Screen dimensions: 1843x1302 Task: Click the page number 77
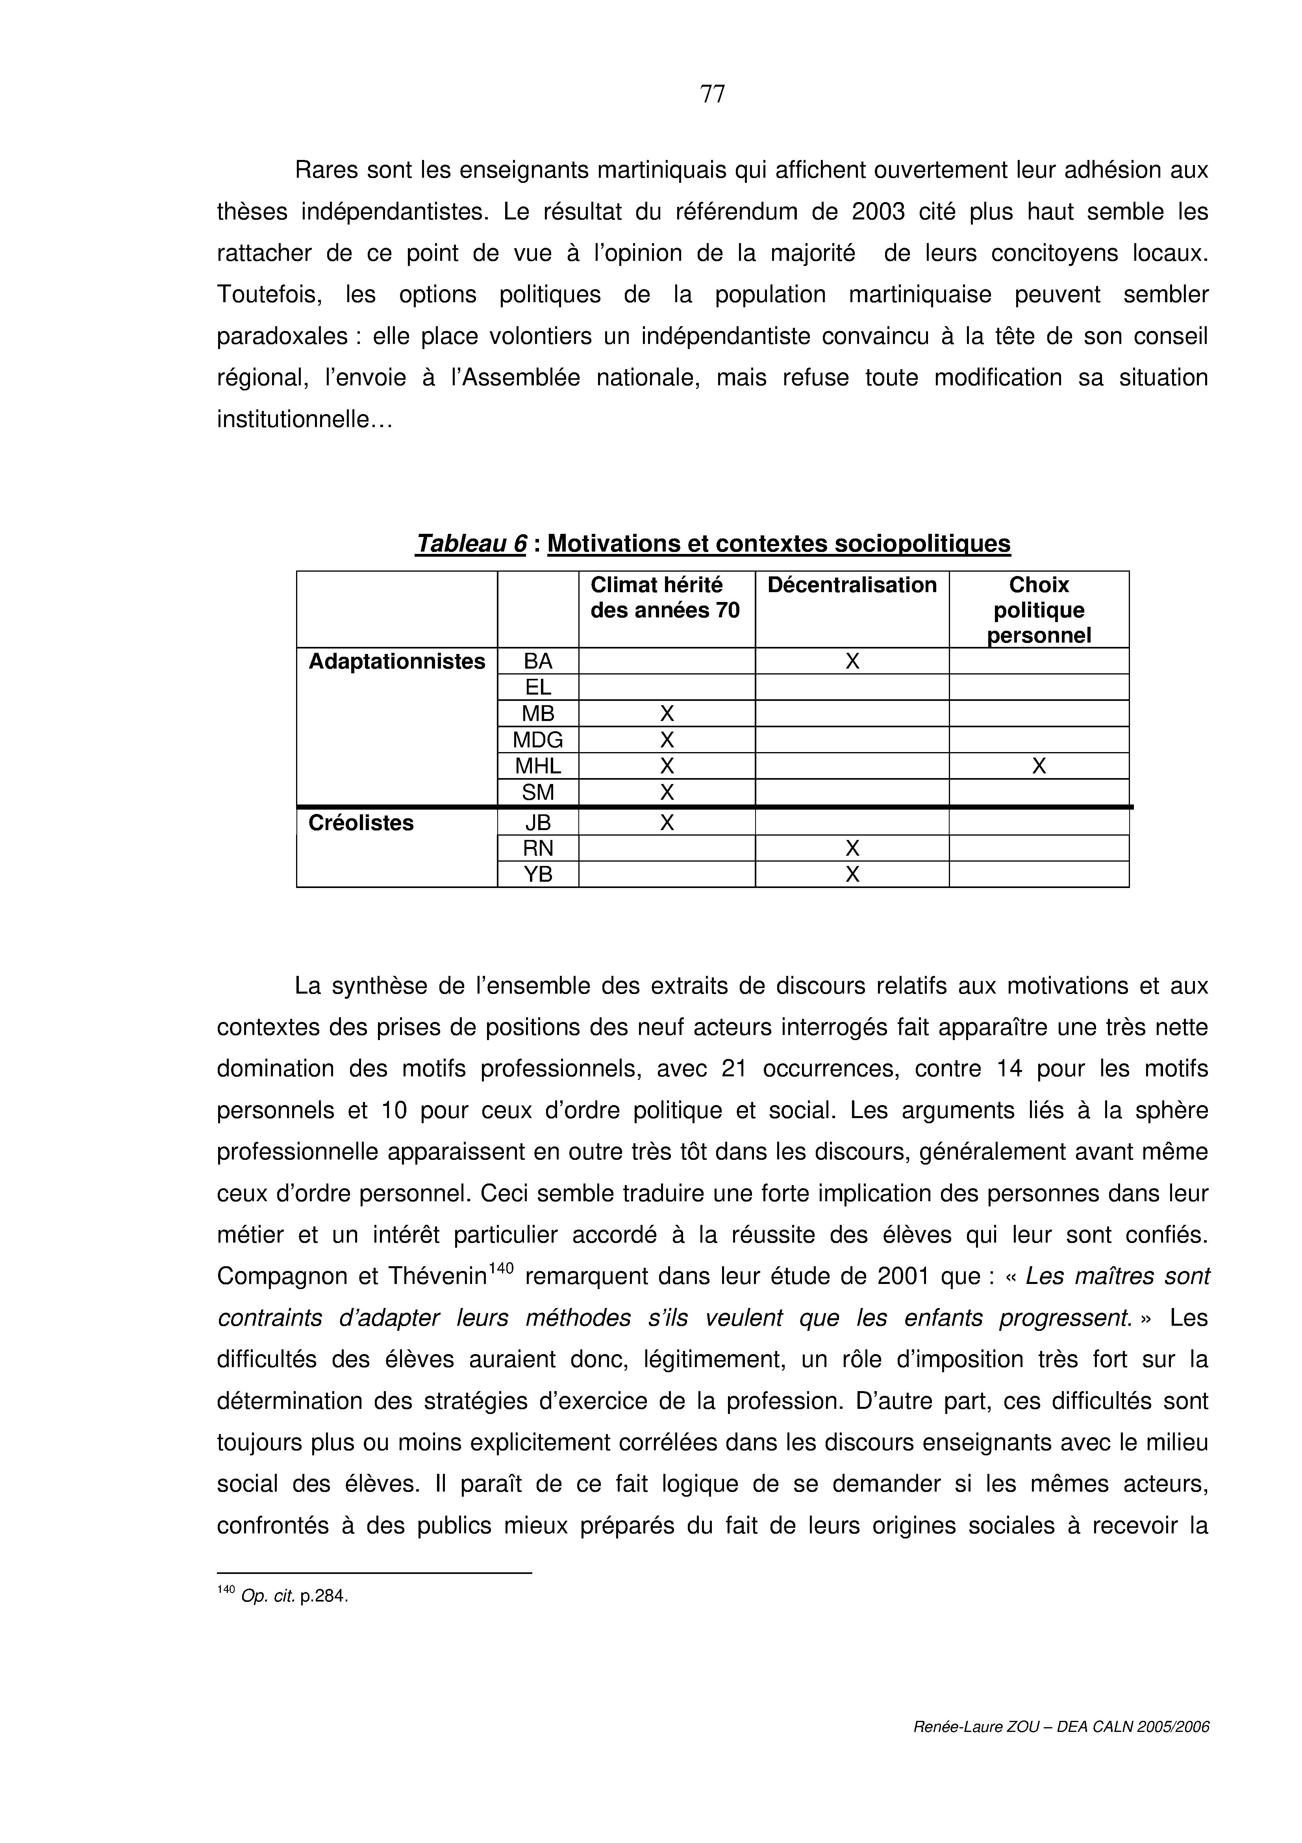point(712,95)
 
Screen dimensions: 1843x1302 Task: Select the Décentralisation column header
point(852,585)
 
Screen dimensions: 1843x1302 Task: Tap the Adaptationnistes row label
point(397,661)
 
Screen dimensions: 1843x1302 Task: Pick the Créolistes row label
point(361,823)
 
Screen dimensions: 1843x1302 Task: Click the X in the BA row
point(852,661)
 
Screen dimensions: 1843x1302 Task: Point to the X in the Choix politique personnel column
point(1039,767)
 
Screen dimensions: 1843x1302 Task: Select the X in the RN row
point(852,849)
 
